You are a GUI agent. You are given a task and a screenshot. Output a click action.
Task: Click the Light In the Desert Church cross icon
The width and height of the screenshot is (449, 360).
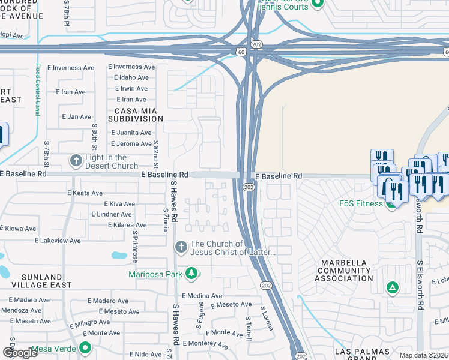[x=76, y=160]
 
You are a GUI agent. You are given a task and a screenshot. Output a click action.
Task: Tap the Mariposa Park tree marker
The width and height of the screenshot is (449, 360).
[x=191, y=274]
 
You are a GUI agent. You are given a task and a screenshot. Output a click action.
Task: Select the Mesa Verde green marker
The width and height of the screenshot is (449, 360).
[x=85, y=347]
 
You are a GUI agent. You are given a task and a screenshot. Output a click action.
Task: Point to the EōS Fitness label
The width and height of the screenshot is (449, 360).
[x=361, y=203]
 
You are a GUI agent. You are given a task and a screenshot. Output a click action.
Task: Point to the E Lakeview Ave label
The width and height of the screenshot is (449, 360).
[x=58, y=241]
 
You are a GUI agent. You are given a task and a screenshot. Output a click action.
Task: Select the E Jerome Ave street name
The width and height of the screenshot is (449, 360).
[x=131, y=144]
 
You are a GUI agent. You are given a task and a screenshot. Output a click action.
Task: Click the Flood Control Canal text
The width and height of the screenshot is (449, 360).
[x=37, y=90]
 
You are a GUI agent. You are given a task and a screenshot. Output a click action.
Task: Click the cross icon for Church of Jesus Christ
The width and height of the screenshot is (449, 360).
[x=181, y=247]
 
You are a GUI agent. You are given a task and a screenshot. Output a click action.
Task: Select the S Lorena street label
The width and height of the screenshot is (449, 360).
[x=267, y=319]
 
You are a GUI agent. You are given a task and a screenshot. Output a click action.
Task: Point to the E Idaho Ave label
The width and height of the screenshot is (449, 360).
[x=128, y=78]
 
